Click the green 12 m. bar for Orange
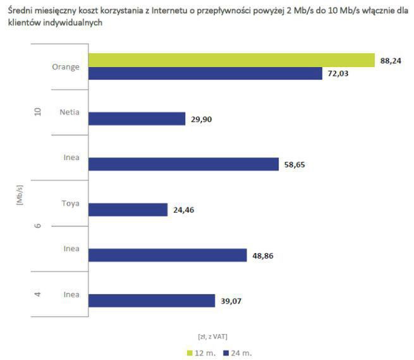tap(231, 59)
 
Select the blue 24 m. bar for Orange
tap(205, 73)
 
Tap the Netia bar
tap(137, 119)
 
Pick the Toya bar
tap(128, 209)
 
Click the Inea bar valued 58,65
tap(183, 164)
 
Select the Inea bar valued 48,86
tap(167, 255)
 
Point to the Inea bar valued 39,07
tap(152, 301)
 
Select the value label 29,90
tap(201, 120)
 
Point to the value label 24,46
tap(183, 210)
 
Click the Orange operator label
tap(66, 66)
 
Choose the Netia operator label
tap(69, 112)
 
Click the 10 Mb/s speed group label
tap(37, 112)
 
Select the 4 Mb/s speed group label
tap(37, 294)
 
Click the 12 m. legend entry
tap(202, 352)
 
